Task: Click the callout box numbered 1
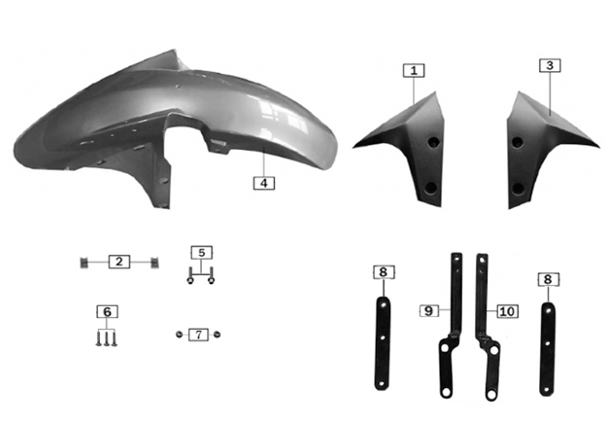(414, 70)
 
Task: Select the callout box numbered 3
(550, 65)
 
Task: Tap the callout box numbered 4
(264, 183)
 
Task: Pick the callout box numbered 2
(119, 262)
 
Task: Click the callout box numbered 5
(202, 253)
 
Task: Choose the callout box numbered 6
(107, 311)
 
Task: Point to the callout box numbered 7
(199, 335)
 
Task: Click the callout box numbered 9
(429, 310)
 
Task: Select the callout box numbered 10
(508, 311)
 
